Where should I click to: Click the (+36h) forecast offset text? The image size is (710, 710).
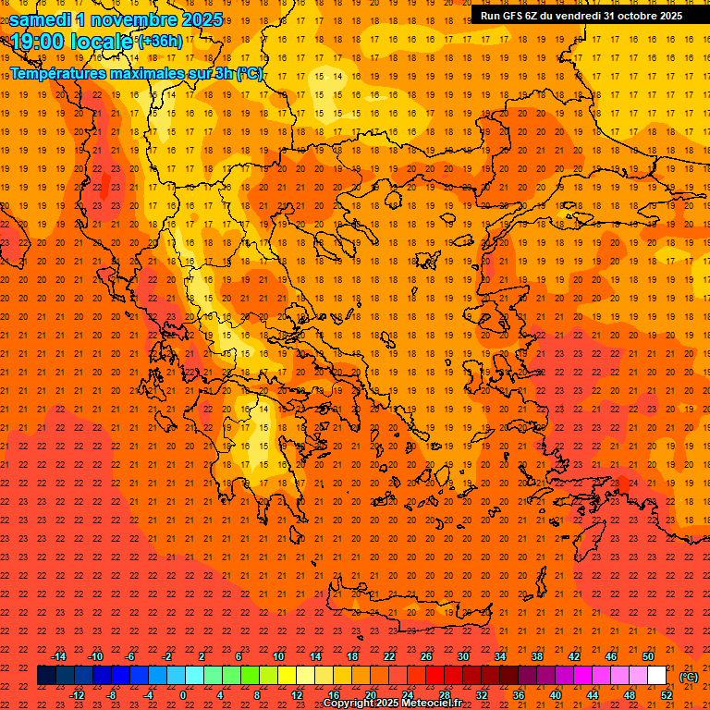pos(160,41)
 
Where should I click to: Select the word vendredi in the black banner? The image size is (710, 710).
pos(581,15)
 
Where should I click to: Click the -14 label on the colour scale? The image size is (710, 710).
pos(58,656)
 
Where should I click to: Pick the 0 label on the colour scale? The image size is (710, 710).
pos(183,695)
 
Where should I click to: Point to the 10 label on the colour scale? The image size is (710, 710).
pos(277,656)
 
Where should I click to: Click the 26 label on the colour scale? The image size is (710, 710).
pos(426,656)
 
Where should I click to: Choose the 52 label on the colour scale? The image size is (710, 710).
pos(667,695)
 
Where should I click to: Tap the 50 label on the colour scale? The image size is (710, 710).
pos(648,656)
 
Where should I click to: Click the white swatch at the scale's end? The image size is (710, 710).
pos(657,676)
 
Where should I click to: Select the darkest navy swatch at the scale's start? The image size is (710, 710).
pos(46,676)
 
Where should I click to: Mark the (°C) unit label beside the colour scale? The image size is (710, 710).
pos(689,676)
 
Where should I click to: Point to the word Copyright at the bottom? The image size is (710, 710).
pos(349,704)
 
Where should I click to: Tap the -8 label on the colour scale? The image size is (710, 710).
pos(111,695)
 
